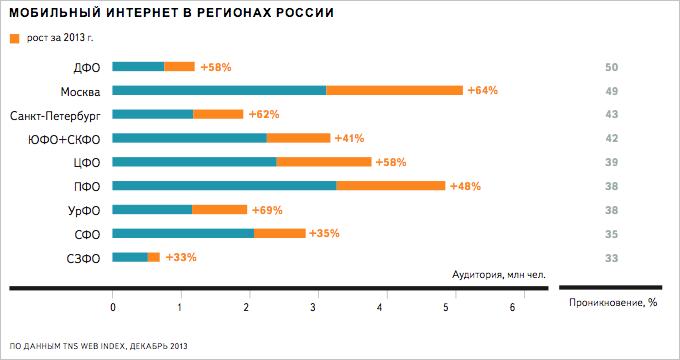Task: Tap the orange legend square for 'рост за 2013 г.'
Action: pyautogui.click(x=14, y=39)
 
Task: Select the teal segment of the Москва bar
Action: pyautogui.click(x=219, y=90)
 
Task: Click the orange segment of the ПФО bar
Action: pyautogui.click(x=390, y=186)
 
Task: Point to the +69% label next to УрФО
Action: pyautogui.click(x=267, y=210)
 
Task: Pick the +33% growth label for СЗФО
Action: pyautogui.click(x=180, y=257)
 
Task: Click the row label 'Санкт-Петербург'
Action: pyautogui.click(x=54, y=115)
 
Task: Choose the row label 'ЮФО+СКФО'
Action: pyautogui.click(x=65, y=139)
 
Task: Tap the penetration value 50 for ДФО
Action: pyautogui.click(x=613, y=67)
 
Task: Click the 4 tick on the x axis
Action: pyautogui.click(x=380, y=308)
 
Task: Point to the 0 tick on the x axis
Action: pyautogui.click(x=113, y=308)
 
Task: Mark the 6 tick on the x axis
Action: pyautogui.click(x=513, y=308)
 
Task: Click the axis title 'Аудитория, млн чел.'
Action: pyautogui.click(x=499, y=274)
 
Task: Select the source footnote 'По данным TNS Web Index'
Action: pyautogui.click(x=98, y=345)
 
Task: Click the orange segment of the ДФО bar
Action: pyautogui.click(x=179, y=67)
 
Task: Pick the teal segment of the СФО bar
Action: pyautogui.click(x=183, y=234)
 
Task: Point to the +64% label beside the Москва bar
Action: pyautogui.click(x=482, y=90)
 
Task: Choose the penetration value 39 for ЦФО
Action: pyautogui.click(x=613, y=162)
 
